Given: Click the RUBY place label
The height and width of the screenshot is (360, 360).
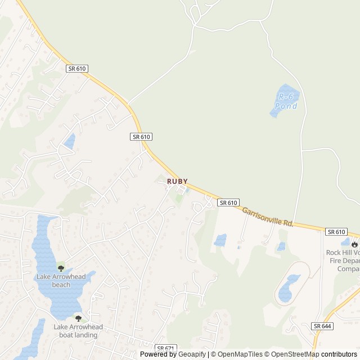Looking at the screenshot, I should click(177, 182).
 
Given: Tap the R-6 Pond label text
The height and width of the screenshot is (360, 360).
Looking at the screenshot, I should click(287, 101).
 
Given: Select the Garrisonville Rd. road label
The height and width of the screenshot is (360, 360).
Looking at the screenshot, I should click(268, 216).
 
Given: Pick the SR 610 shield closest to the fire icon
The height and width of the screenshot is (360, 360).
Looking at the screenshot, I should click(336, 232).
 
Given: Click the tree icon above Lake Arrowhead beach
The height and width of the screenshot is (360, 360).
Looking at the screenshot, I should click(61, 268).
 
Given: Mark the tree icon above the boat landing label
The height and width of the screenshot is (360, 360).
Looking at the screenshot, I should click(78, 318).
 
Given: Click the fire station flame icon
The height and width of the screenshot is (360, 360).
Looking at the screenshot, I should click(354, 244).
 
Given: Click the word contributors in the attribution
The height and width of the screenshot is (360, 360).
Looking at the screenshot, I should click(340, 354).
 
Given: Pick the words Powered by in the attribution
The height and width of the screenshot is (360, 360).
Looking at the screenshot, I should click(156, 354).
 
